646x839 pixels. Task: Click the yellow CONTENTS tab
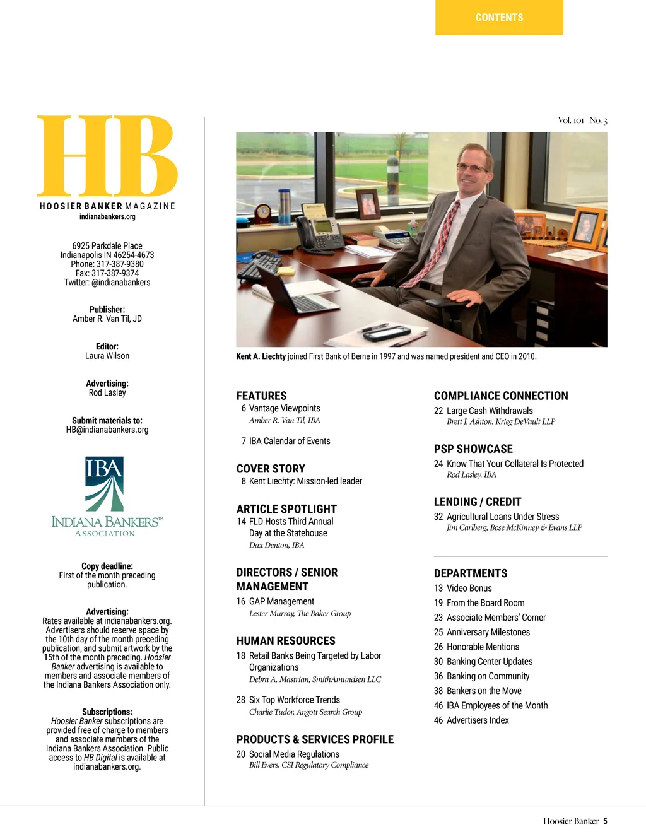(499, 18)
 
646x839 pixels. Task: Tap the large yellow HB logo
(107, 156)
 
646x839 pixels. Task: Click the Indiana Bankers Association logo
(107, 497)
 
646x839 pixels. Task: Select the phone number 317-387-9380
(120, 264)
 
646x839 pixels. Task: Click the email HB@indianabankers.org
(107, 430)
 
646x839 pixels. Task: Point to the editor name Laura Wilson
(107, 356)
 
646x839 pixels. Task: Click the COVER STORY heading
(271, 469)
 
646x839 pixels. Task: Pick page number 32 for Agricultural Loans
(438, 517)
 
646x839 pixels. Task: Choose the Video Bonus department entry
(469, 588)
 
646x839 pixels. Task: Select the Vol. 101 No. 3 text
(582, 120)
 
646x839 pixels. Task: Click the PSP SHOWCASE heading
(473, 449)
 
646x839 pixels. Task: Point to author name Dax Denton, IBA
(276, 545)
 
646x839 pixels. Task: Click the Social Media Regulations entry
(294, 754)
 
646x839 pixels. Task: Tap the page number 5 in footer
(605, 821)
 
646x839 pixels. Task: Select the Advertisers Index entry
(478, 720)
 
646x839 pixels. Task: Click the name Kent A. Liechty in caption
(261, 356)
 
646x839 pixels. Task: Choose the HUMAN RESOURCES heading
(286, 640)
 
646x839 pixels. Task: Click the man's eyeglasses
(471, 168)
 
